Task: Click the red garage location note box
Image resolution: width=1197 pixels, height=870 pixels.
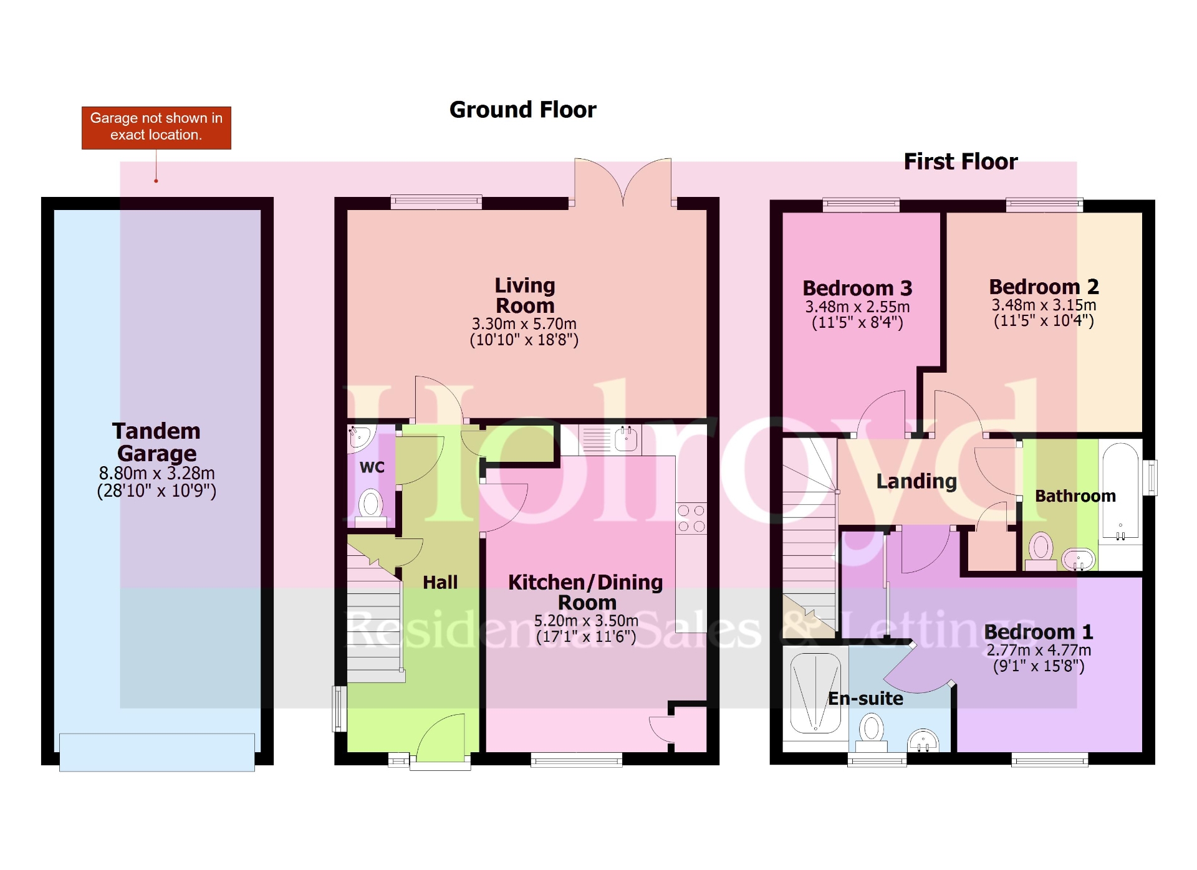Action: [156, 127]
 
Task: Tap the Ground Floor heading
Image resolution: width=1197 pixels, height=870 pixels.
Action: [522, 110]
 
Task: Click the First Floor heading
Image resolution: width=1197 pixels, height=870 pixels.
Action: [960, 161]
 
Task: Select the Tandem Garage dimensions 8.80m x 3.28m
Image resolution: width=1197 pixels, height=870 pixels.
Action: [156, 473]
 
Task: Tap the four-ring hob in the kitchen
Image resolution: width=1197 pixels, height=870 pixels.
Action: [691, 519]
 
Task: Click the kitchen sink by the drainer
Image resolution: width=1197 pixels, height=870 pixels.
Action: [626, 439]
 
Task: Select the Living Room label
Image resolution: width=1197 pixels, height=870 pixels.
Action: [524, 295]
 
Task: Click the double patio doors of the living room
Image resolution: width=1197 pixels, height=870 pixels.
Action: [623, 181]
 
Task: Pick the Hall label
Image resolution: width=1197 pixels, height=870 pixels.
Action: [440, 582]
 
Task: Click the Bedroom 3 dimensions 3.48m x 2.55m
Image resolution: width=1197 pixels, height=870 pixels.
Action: [857, 307]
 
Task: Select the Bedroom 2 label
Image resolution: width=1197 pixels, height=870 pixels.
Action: [1044, 287]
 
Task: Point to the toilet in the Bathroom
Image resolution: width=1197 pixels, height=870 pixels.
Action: [1041, 550]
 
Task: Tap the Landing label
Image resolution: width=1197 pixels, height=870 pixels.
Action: [916, 481]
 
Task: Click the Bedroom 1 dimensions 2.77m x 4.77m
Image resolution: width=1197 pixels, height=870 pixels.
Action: [1039, 650]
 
